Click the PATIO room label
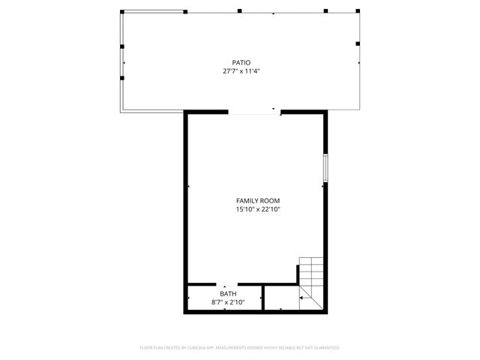240,62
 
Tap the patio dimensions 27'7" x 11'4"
240,71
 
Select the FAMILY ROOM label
257,200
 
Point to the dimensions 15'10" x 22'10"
257,209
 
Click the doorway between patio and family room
254,112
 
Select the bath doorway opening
225,285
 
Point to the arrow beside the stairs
301,298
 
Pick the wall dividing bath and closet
262,298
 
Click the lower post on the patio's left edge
121,75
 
